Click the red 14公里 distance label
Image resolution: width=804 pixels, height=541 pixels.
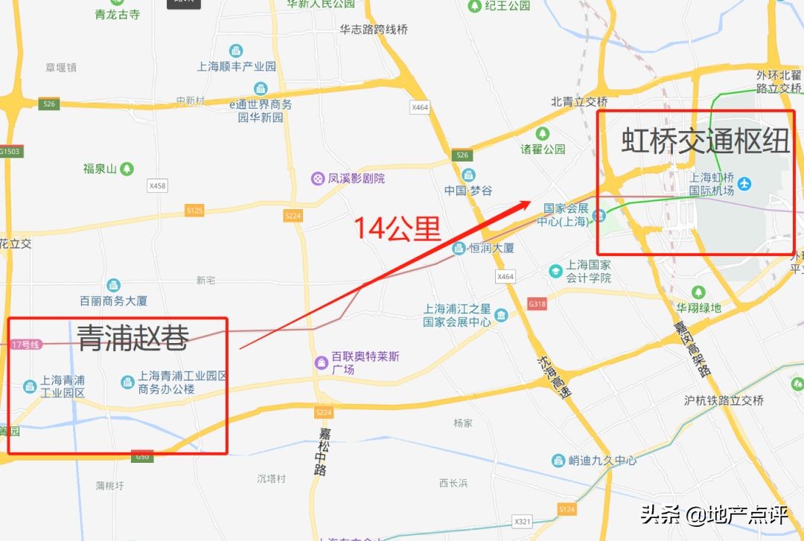(397, 228)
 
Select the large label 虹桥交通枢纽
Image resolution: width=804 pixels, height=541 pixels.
(705, 141)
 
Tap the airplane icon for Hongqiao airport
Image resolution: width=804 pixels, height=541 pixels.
(745, 183)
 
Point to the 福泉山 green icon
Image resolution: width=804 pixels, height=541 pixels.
(127, 169)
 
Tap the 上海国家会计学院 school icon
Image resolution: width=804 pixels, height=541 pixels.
(555, 272)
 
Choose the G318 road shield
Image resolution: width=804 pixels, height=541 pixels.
(536, 304)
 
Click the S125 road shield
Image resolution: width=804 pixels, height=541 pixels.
(194, 211)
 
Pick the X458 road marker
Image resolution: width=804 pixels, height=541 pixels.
(157, 185)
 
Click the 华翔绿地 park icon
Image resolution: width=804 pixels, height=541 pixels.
(698, 292)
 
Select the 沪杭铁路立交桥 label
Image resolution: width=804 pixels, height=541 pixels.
(724, 400)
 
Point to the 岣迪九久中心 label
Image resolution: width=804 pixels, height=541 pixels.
(602, 461)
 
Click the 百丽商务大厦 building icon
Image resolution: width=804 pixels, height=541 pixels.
(113, 285)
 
